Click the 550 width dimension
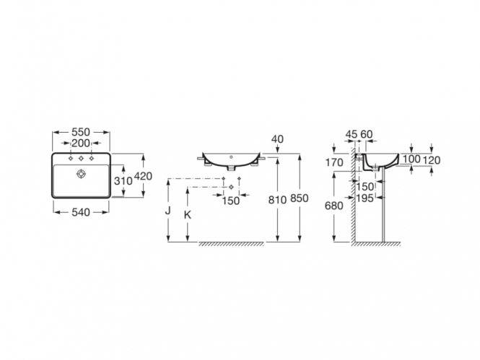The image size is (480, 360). tap(81, 132)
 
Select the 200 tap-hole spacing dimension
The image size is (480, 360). tap(81, 143)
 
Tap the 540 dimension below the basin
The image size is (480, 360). tap(81, 212)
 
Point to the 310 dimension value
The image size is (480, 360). tap(123, 181)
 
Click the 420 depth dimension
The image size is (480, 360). tap(143, 176)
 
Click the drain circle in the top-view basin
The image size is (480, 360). tap(81, 174)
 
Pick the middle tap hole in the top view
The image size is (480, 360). tap(81, 158)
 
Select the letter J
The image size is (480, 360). tap(167, 211)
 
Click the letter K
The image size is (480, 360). tap(188, 215)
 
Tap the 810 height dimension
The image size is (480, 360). tap(277, 200)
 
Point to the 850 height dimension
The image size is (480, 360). tap(299, 198)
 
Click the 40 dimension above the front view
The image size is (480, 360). tap(277, 139)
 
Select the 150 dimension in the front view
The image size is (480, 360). tap(231, 201)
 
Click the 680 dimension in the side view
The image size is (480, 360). tap(334, 206)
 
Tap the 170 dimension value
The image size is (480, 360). tap(334, 163)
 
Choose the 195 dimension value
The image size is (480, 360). tap(365, 198)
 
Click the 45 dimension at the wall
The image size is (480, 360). tap(351, 134)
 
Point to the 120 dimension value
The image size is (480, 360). tap(432, 160)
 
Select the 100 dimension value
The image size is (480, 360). tap(411, 159)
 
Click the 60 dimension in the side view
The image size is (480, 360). tap(367, 134)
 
